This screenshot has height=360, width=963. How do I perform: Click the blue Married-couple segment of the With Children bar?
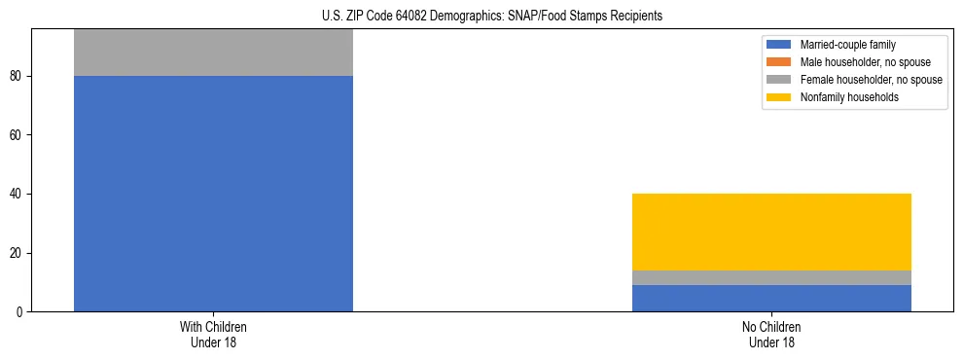(x=213, y=194)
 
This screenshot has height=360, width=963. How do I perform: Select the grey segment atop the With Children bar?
(x=213, y=53)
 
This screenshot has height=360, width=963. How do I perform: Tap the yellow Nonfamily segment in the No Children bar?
(x=771, y=232)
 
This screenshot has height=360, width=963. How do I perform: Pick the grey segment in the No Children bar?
(x=771, y=277)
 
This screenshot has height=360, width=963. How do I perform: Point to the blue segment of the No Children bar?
(x=771, y=298)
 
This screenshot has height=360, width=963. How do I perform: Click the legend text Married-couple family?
(x=847, y=45)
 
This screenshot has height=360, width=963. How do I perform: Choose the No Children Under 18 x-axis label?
(x=771, y=334)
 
